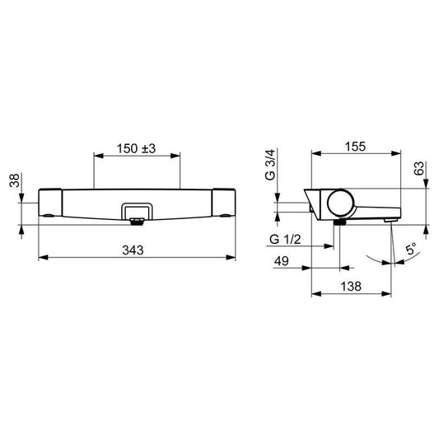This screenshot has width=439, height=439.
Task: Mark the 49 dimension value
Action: [280, 262]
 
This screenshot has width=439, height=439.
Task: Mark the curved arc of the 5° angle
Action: [383, 262]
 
